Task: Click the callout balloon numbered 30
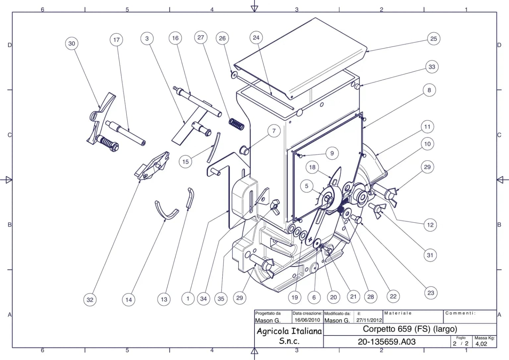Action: click(x=72, y=43)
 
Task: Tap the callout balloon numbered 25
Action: click(x=433, y=39)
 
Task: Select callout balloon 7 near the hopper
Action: click(x=274, y=131)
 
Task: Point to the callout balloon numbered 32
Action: click(x=90, y=300)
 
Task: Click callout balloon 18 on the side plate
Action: click(x=312, y=167)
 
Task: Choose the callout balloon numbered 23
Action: click(x=431, y=293)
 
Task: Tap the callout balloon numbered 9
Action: click(x=332, y=153)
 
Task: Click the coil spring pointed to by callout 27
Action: click(x=237, y=124)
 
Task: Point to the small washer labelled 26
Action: click(x=234, y=75)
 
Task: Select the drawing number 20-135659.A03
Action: click(x=386, y=341)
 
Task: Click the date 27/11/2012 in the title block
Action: click(x=369, y=320)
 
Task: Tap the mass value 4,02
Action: click(x=481, y=344)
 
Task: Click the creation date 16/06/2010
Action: click(x=307, y=320)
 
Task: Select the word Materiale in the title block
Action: click(x=398, y=313)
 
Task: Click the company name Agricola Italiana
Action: click(x=289, y=331)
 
